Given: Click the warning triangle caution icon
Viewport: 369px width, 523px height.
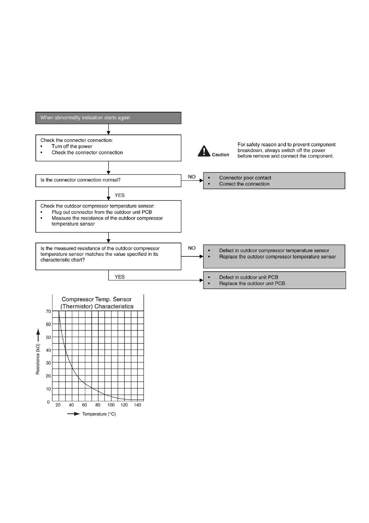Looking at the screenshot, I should pos(204,151).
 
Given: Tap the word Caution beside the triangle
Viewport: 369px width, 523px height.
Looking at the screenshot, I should pos(220,155).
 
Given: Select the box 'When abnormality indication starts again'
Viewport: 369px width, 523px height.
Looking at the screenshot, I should pos(108,118).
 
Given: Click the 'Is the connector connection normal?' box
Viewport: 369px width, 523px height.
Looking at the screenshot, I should pos(108,180).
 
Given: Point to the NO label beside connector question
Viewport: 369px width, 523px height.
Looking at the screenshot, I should pos(192,177).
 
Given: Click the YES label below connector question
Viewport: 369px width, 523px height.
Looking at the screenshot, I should pos(119,195).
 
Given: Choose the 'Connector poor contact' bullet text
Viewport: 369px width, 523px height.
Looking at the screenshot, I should pos(245,178).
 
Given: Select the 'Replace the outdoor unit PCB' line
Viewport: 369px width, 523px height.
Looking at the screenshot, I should pos(252,283).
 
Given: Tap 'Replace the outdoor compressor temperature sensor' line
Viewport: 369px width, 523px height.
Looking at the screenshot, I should pos(277,257).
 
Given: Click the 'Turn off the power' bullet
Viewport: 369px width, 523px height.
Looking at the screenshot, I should pos(72,146).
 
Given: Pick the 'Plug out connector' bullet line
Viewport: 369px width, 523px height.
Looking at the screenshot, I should pos(102,212).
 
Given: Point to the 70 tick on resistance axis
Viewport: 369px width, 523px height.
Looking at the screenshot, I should pos(48,312).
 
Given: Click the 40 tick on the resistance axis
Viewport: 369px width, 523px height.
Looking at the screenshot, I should pos(48,350).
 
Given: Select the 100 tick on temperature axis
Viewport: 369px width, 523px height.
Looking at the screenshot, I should pos(111,405).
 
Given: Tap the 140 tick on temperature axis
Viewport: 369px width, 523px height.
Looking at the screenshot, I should pos(137,405).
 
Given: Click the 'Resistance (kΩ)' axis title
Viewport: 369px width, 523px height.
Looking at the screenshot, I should pos(38,359).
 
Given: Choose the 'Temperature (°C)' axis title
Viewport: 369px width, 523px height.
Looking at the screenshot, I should pos(99,414).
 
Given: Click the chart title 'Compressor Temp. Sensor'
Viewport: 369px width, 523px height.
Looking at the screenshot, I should pos(96,299).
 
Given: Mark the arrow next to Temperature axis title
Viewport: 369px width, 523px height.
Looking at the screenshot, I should pos(73,414).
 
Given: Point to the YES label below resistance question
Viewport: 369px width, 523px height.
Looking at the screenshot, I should pos(119,277).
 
